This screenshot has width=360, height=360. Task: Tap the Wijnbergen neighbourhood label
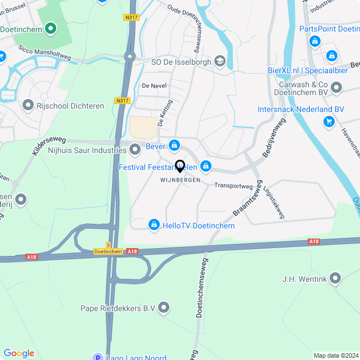(x=181, y=180)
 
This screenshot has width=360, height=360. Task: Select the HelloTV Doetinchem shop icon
(x=153, y=225)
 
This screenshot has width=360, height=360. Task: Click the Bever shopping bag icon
(x=174, y=146)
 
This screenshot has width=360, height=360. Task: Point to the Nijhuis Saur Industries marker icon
(x=135, y=150)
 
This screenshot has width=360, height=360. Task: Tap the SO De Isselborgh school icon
(x=220, y=61)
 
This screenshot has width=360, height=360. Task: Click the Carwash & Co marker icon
(x=336, y=88)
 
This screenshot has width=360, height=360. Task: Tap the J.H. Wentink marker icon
(x=336, y=278)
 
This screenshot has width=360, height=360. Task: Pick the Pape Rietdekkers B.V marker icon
(x=164, y=308)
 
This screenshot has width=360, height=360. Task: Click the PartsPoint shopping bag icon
(x=315, y=41)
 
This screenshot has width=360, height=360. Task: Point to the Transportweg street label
(x=233, y=186)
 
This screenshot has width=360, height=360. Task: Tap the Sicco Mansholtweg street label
(x=44, y=53)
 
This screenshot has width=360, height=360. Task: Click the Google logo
(x=19, y=353)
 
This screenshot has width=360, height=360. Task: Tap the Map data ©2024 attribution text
(x=335, y=355)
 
